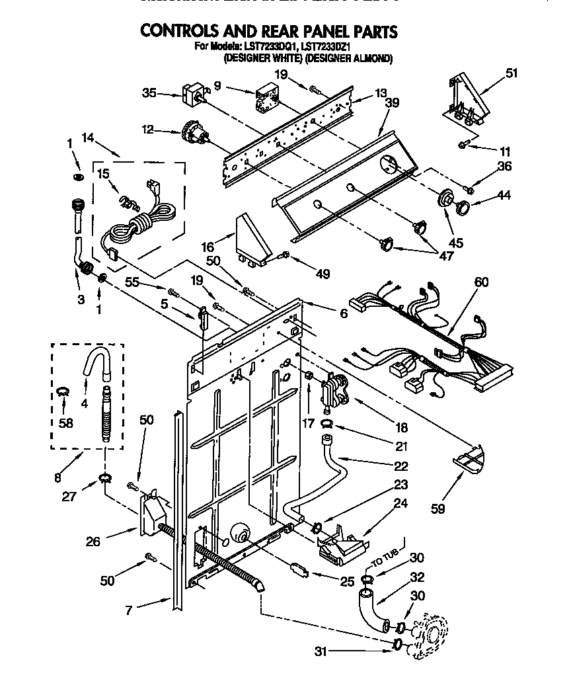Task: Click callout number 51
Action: point(512,74)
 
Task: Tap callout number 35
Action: point(149,93)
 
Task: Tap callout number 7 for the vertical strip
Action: point(129,610)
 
